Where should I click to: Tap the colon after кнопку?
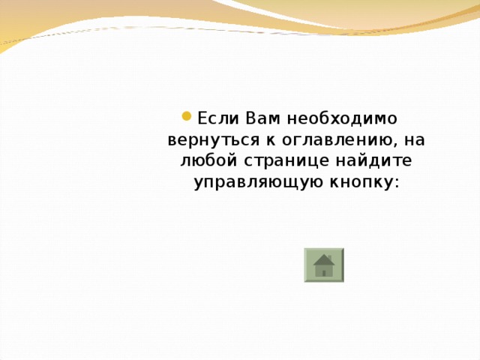click(x=395, y=184)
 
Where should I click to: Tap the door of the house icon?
click(x=324, y=271)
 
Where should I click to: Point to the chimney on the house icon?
click(x=330, y=256)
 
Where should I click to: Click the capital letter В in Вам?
click(x=250, y=118)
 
